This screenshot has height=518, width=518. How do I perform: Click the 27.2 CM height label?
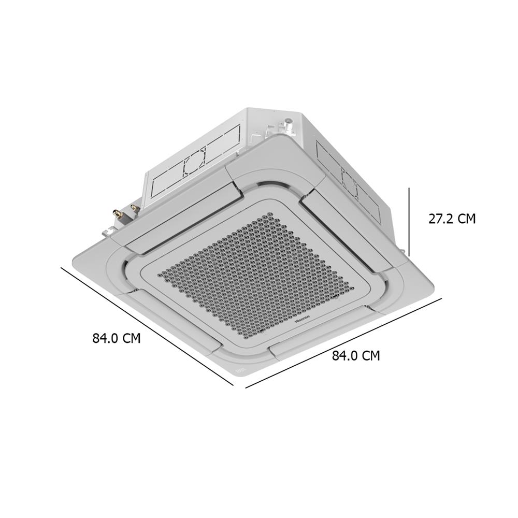coord(451,219)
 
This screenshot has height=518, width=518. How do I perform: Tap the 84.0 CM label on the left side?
coord(117,338)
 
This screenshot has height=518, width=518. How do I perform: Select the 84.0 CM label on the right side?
coord(356,356)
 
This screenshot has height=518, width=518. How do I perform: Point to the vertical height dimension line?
coord(409,222)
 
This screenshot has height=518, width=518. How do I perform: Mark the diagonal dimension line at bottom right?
coord(343,342)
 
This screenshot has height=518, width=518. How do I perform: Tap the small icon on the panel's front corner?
coord(240,371)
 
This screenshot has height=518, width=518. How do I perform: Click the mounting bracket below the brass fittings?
coord(109,230)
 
